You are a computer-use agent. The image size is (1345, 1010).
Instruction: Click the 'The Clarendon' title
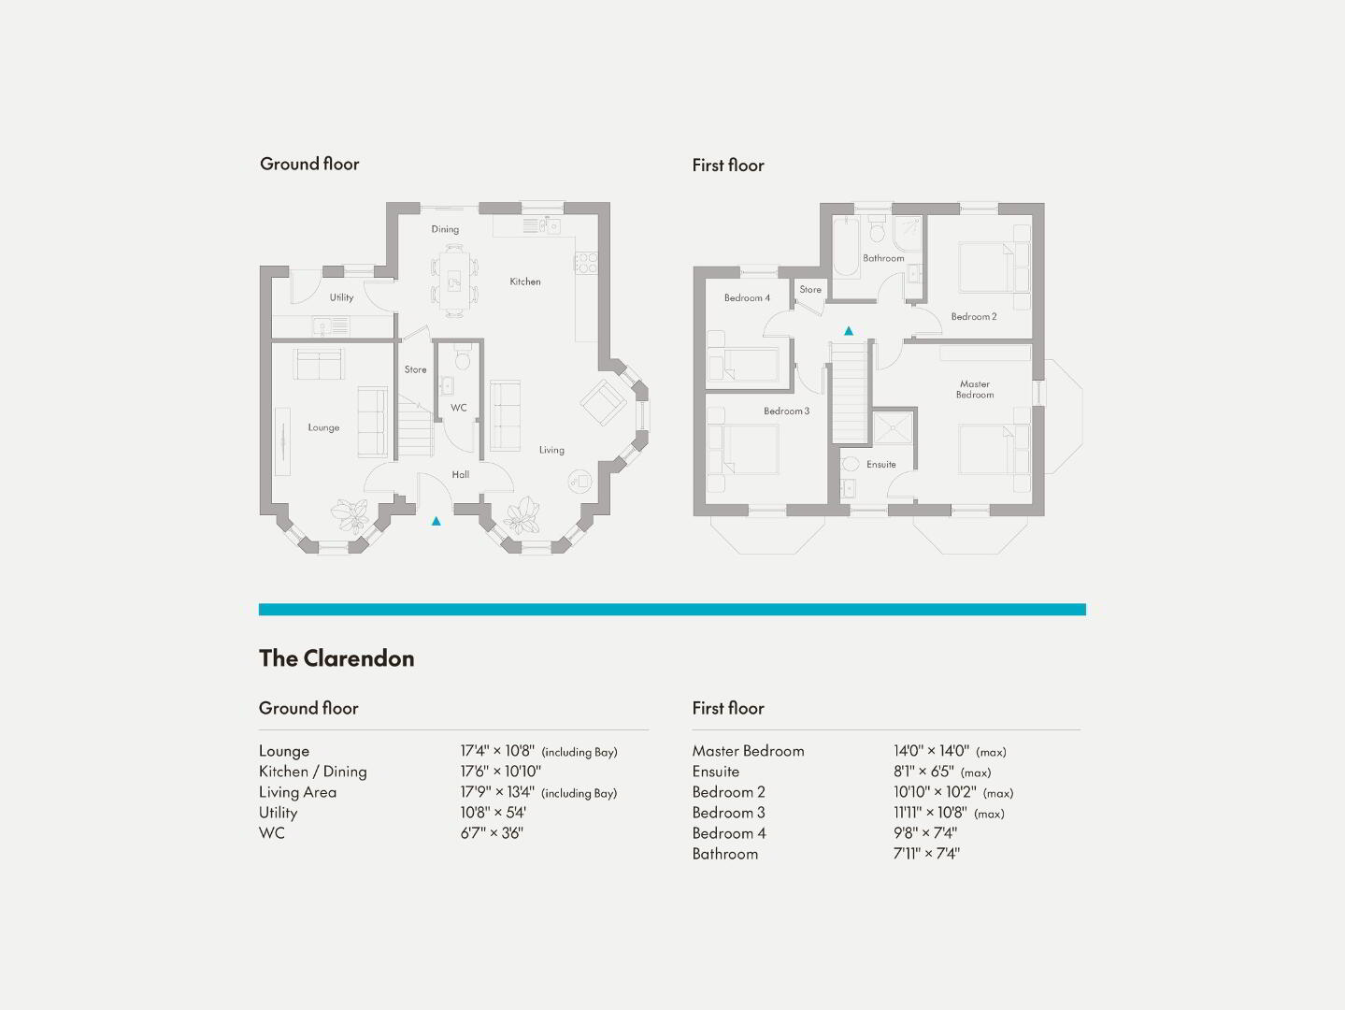click(x=336, y=658)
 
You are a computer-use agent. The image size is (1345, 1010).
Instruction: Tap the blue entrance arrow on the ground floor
click(x=436, y=521)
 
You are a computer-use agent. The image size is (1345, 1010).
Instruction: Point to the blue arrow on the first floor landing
click(x=849, y=331)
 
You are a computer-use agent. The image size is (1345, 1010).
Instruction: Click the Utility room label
click(x=341, y=297)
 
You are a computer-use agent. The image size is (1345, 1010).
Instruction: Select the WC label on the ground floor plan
click(x=458, y=408)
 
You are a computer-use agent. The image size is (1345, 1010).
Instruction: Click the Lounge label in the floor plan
click(x=323, y=427)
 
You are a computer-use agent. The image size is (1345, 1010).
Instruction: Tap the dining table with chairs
click(x=454, y=281)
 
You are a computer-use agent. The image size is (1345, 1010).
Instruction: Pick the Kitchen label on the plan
click(x=525, y=281)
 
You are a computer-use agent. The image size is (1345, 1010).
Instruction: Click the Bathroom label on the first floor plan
click(x=883, y=258)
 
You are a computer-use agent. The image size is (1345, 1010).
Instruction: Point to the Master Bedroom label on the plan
click(x=975, y=389)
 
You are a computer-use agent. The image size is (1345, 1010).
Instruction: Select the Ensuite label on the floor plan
click(x=881, y=465)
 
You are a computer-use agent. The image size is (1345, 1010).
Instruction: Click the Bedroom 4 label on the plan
click(x=747, y=297)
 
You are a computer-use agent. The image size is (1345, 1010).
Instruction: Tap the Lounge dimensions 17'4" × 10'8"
click(x=497, y=751)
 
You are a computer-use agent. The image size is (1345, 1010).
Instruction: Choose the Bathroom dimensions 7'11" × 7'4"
click(x=926, y=853)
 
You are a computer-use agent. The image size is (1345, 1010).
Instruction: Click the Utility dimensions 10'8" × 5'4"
click(x=494, y=812)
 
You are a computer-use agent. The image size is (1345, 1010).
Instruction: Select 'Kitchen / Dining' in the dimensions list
click(x=312, y=772)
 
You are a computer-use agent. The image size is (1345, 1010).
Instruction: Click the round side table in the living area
click(x=579, y=481)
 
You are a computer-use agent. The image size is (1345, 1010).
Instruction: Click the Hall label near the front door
click(x=460, y=474)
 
